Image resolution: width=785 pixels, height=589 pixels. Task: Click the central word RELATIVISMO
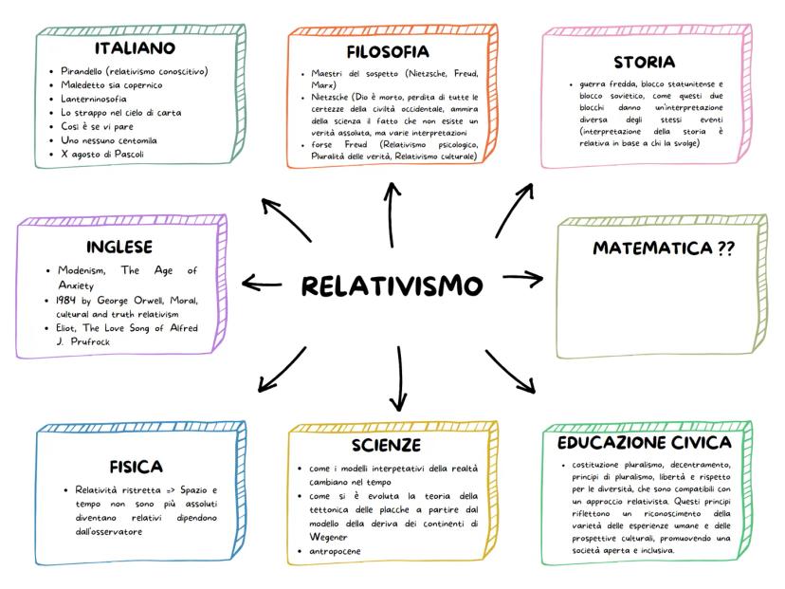tap(392, 285)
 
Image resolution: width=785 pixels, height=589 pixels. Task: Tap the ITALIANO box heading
tap(134, 47)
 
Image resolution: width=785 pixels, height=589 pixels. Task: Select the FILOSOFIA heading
tap(388, 51)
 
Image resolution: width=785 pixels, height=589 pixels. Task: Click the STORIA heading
tap(644, 63)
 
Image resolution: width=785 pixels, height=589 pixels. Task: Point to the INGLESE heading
tap(119, 248)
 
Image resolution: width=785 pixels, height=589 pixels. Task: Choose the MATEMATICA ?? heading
tap(664, 248)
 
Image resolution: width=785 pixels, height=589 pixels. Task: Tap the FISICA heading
tap(136, 466)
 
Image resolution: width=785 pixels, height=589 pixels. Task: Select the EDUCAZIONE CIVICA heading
tap(644, 443)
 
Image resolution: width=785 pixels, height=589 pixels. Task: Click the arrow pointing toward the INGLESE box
tap(263, 283)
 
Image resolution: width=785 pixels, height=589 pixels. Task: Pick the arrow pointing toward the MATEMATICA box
tap(522, 278)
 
